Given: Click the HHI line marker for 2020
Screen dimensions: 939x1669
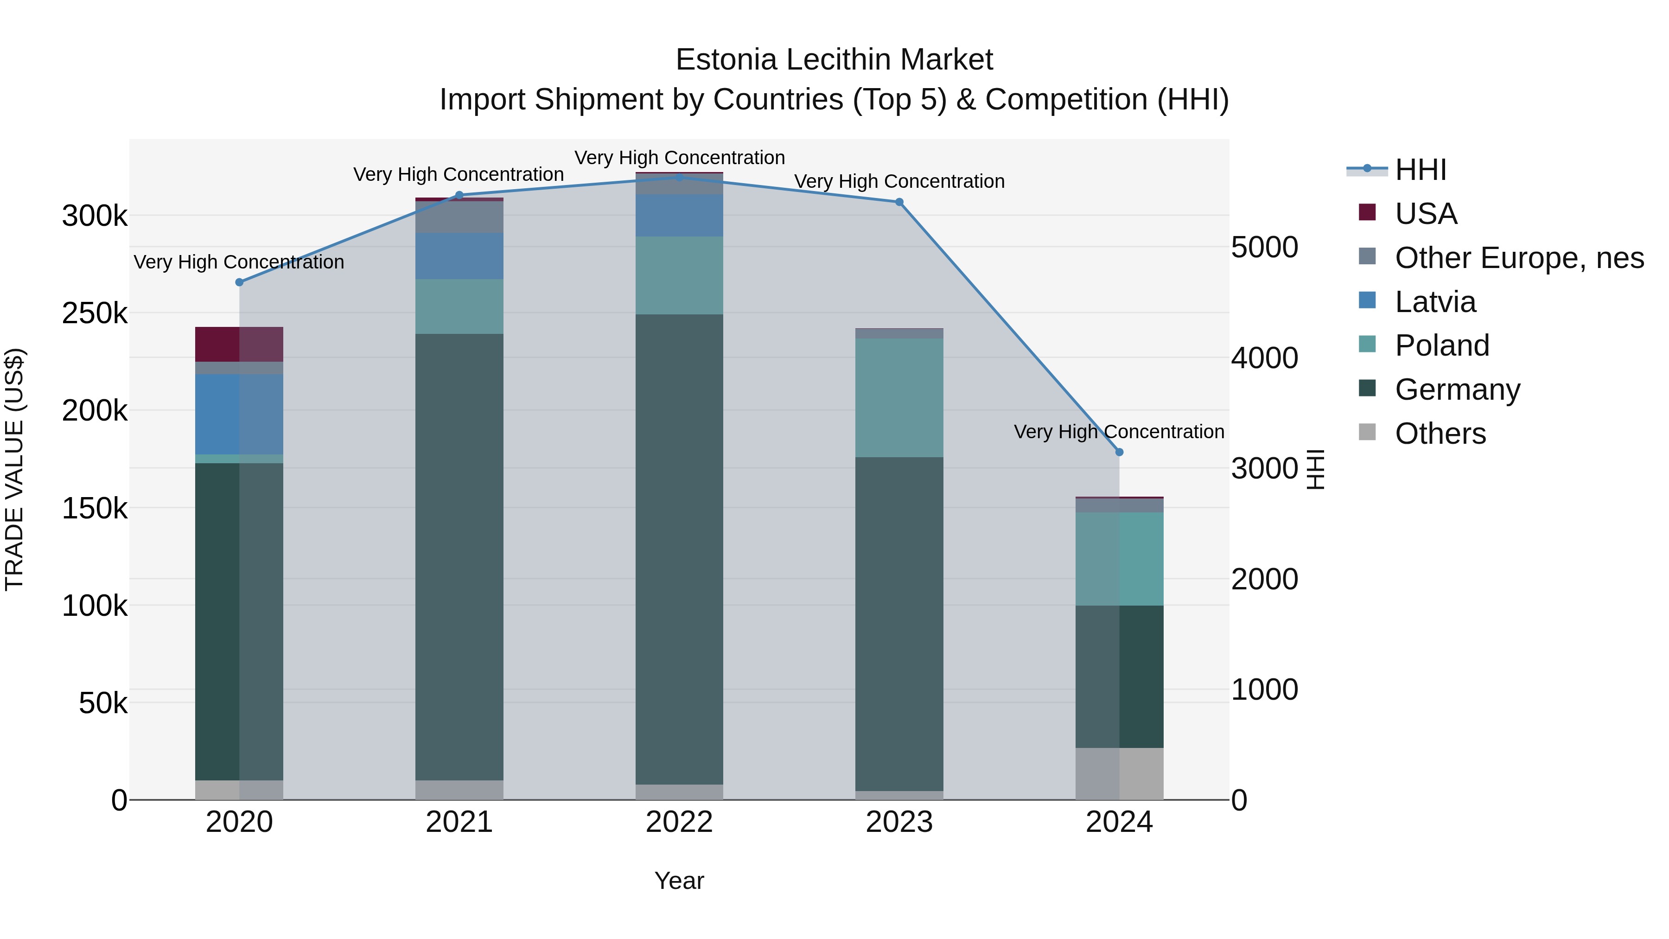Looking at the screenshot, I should point(239,282).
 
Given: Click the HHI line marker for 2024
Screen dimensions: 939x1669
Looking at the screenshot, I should point(1119,452).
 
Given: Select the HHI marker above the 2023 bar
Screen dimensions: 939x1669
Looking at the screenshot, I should point(899,202).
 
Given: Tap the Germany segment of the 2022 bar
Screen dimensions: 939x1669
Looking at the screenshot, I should point(679,549).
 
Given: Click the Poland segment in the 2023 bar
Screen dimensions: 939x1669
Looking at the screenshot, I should point(899,397).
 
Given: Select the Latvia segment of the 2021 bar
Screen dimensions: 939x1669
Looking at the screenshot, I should point(459,256).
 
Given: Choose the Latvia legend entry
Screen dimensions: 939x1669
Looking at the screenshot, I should point(1434,302).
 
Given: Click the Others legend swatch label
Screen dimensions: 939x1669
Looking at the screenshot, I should point(1440,434).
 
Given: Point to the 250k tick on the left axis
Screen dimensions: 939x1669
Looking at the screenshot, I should point(95,313).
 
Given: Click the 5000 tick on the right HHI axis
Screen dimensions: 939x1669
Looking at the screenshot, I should point(1264,248).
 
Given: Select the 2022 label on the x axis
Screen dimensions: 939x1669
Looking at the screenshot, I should point(679,822).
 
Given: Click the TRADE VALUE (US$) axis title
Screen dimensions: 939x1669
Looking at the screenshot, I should point(14,469).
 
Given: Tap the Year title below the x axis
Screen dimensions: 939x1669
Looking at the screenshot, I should point(679,881).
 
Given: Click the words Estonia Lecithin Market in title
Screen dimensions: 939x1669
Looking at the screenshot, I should point(834,60).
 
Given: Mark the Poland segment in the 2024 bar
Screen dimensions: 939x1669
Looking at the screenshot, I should point(1119,559).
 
